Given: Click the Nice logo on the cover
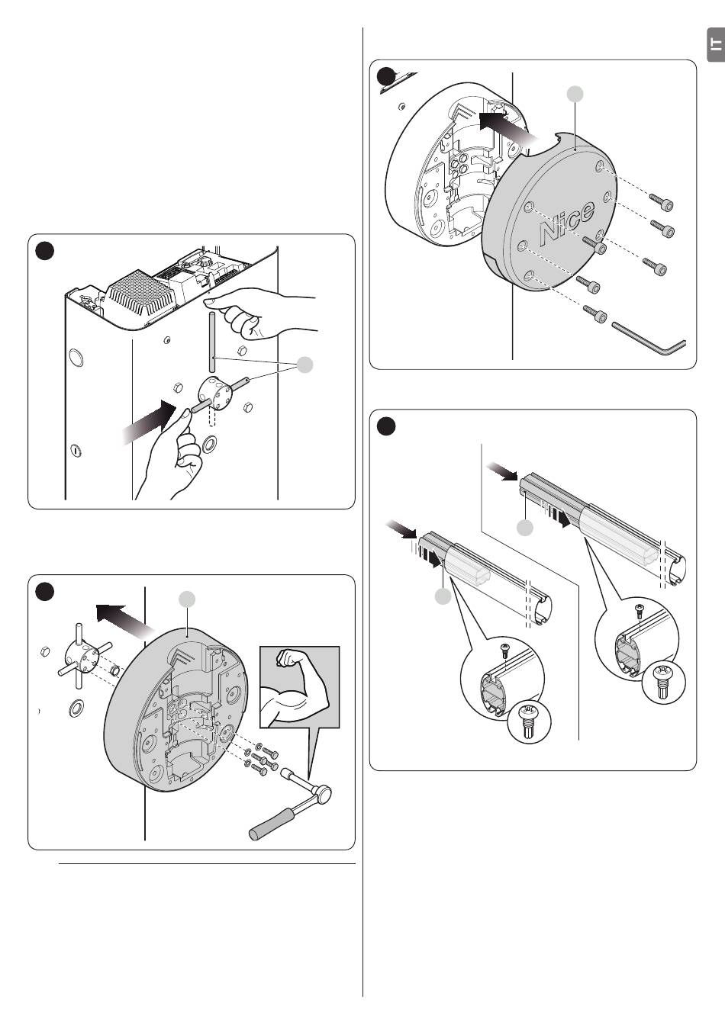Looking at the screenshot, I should [x=566, y=222].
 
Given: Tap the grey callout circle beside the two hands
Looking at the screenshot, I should [x=304, y=365].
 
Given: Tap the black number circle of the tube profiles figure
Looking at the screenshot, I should [x=387, y=427].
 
